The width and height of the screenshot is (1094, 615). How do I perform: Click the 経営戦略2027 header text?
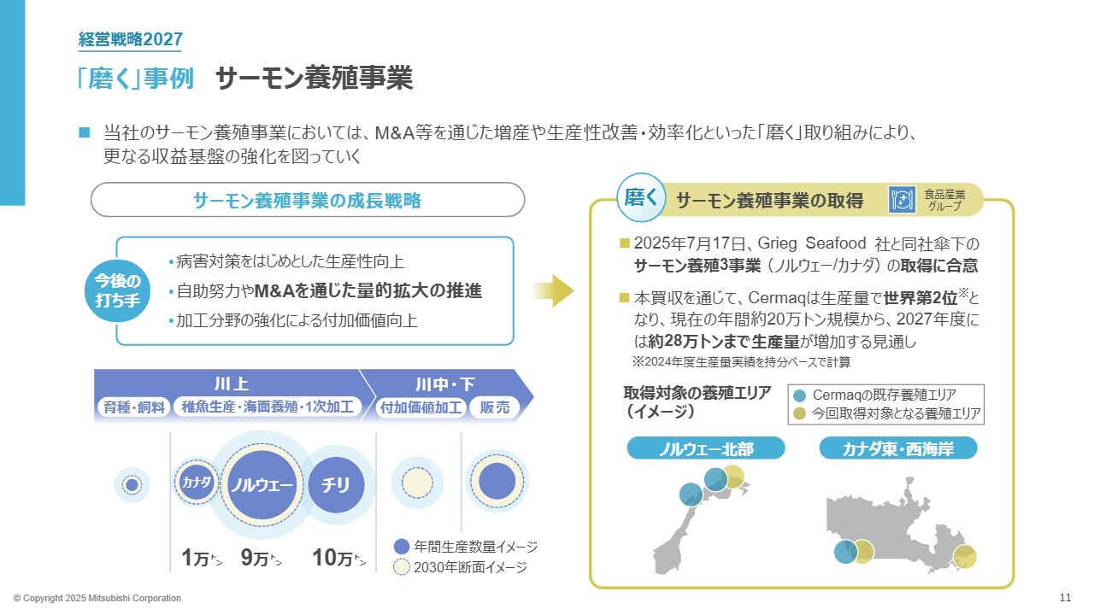pyautogui.click(x=130, y=38)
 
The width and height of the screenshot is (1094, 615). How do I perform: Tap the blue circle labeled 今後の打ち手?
pyautogui.click(x=116, y=291)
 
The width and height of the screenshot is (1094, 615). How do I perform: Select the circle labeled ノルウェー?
pyautogui.click(x=261, y=485)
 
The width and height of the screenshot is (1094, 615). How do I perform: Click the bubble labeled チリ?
pyautogui.click(x=336, y=485)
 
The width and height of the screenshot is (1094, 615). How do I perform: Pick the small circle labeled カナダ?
pyautogui.click(x=196, y=482)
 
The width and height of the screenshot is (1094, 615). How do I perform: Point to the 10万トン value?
pyautogui.click(x=338, y=559)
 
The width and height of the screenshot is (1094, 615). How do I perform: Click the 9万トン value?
pyautogui.click(x=261, y=559)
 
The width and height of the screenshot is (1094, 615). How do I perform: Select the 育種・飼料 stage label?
pyautogui.click(x=134, y=407)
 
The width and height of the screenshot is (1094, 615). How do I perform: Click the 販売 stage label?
pyautogui.click(x=495, y=407)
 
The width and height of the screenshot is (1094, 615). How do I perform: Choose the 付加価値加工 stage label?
pyautogui.click(x=421, y=407)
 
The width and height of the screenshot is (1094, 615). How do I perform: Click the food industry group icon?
pyautogui.click(x=902, y=200)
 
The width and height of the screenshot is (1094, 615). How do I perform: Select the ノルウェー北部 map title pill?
pyautogui.click(x=694, y=448)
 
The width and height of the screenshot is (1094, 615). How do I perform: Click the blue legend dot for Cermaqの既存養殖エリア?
pyautogui.click(x=799, y=395)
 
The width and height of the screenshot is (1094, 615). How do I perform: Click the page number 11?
pyautogui.click(x=1064, y=597)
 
